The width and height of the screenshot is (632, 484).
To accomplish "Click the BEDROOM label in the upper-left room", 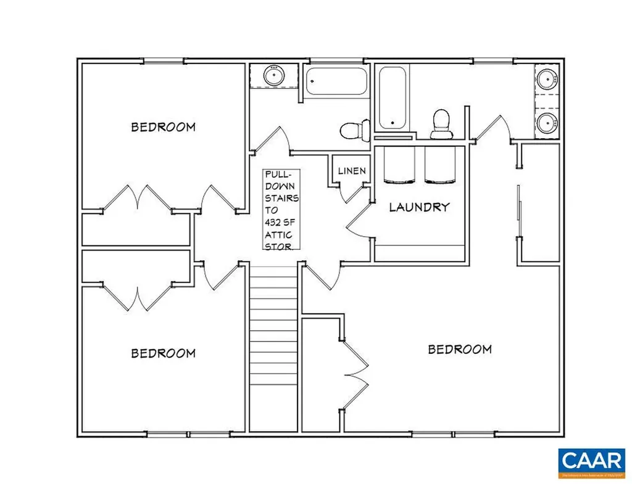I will (163, 127).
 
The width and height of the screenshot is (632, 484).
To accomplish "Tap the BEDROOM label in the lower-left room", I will (163, 353).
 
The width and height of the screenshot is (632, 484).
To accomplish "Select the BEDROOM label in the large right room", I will (460, 350).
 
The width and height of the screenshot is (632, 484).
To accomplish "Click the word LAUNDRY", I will (419, 207).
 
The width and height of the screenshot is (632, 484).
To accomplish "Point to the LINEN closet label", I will (351, 171).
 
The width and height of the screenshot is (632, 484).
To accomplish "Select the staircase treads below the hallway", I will (274, 345).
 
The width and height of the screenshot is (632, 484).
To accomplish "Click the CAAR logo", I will (589, 462).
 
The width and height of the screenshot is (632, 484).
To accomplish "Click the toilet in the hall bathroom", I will (353, 129).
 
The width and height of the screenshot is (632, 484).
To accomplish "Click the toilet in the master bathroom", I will (441, 123).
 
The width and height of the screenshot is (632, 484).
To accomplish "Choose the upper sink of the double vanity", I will (547, 80).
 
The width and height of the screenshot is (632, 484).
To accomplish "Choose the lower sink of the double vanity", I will (547, 123).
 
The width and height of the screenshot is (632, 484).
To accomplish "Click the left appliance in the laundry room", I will (399, 166).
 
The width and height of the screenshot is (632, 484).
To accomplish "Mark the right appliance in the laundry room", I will (439, 166).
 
